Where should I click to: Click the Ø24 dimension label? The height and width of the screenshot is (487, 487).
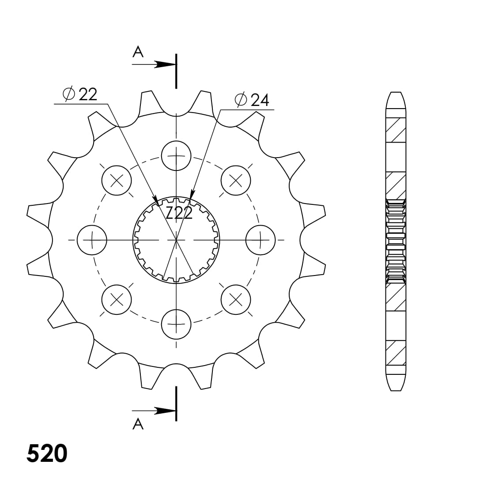252,100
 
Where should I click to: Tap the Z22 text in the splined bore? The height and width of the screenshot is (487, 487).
179,213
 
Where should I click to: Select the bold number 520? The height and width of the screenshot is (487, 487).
47,454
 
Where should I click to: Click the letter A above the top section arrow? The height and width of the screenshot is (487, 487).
138,52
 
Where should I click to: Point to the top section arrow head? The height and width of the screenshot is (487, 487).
165,64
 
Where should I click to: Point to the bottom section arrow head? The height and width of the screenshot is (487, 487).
165,411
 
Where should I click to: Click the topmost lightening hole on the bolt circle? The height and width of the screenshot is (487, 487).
176,155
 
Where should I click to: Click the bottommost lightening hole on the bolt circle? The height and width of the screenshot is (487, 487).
176,324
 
